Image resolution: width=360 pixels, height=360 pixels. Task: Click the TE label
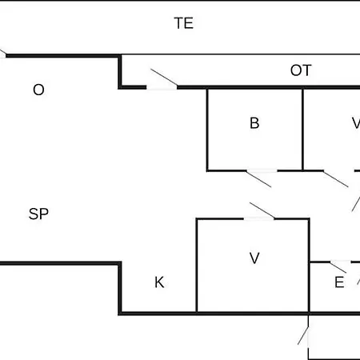tap(184, 23)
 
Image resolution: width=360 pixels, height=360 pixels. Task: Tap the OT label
tap(301, 70)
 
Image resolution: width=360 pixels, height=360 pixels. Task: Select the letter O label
tap(38, 90)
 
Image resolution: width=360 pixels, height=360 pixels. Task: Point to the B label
tap(254, 123)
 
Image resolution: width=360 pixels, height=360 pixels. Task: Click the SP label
tap(38, 214)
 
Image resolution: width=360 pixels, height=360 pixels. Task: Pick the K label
tap(159, 282)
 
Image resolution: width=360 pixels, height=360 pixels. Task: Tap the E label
tap(339, 282)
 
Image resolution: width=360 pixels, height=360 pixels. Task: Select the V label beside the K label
tap(254, 258)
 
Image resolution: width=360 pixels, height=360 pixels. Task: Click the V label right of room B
tap(356, 123)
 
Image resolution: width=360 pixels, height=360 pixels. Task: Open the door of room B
tap(258, 178)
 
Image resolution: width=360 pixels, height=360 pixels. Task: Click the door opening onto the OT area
tap(164, 78)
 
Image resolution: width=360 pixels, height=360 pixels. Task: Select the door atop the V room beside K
tap(262, 210)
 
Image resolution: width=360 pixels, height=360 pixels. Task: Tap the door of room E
tap(338, 267)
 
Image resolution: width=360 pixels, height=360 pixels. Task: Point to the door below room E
tap(303, 336)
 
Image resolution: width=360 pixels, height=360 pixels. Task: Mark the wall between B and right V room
tap(302, 130)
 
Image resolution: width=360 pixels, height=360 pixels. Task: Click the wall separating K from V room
tap(197, 266)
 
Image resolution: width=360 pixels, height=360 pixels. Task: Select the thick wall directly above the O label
tap(62, 56)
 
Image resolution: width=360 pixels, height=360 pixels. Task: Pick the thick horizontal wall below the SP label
tap(60, 263)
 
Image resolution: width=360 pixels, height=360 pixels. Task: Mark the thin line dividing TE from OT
tap(241, 54)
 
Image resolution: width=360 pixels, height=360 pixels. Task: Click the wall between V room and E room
tap(309, 266)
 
